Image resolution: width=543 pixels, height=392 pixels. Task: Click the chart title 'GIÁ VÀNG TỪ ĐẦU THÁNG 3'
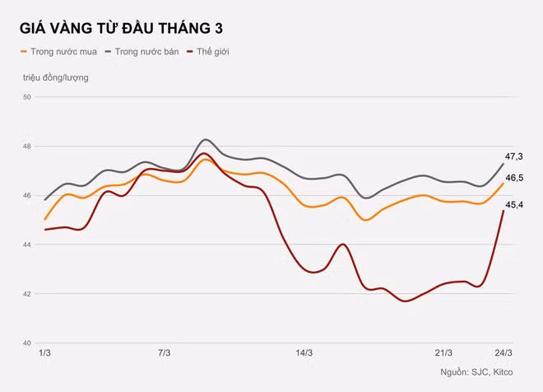121,28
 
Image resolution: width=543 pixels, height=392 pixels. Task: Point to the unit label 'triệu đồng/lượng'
56,77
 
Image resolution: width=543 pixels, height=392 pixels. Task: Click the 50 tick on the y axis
27,97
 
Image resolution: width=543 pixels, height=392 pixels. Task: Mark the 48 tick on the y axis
27,147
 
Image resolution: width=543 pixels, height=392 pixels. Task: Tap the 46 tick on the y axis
27,195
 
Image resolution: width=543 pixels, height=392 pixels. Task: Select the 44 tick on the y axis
27,245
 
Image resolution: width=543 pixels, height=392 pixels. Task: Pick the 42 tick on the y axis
27,294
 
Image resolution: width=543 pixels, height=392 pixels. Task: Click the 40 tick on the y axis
27,343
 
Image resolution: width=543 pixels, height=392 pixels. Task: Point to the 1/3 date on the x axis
44,353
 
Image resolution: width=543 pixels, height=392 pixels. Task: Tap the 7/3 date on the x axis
165,353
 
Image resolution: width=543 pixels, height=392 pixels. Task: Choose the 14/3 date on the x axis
304,353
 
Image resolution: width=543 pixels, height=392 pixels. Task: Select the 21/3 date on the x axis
443,353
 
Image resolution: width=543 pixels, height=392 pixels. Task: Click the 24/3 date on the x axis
504,353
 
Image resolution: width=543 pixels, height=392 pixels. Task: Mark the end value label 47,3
514,156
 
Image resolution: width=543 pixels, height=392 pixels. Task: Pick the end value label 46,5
514,178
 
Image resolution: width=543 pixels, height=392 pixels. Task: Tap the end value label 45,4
514,205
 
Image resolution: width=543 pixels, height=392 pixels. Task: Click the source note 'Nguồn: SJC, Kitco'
476,372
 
